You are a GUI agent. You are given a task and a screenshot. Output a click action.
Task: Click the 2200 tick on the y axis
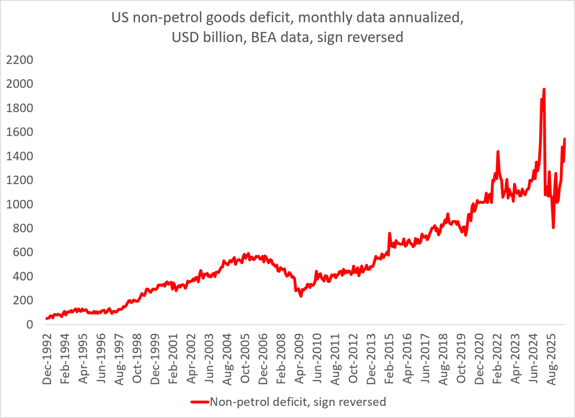20,60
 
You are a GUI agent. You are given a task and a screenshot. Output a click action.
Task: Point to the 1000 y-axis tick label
20,204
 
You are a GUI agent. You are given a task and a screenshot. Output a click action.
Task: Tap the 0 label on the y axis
30,325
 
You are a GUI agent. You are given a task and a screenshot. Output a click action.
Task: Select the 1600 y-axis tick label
20,132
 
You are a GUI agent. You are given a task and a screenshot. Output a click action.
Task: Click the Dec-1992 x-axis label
47,359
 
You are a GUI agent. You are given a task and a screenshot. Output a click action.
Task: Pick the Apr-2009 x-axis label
299,359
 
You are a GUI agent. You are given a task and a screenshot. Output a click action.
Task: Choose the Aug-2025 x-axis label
551,360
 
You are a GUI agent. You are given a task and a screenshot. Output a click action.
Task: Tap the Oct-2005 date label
245,359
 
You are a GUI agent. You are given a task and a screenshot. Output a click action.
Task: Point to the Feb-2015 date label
389,359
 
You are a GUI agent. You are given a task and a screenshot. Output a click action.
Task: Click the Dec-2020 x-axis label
479,359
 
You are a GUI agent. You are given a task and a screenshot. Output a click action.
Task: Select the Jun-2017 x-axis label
425,359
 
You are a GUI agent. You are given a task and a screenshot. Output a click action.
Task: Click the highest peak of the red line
544,89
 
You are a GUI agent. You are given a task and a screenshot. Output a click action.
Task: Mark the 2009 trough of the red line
301,296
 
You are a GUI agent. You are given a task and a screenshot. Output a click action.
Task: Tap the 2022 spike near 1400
498,151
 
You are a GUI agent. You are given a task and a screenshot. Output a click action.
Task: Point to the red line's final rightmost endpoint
564,139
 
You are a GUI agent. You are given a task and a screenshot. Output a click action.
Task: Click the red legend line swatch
200,402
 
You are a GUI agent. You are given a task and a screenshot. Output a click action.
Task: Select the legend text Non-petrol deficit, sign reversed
298,402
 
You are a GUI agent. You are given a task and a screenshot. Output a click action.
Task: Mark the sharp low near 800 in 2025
553,228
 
